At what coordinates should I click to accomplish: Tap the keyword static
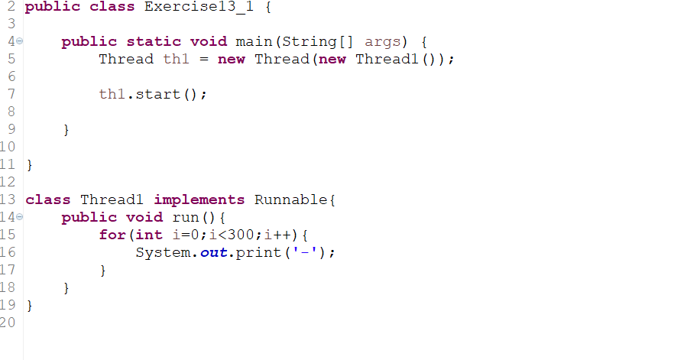(x=154, y=41)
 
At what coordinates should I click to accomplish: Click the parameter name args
(x=383, y=41)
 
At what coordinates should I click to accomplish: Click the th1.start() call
(x=152, y=94)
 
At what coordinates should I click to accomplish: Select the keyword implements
(x=199, y=199)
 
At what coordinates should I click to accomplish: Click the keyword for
(x=112, y=235)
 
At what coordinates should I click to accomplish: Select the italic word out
(x=215, y=252)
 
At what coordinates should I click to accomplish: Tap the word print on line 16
(x=258, y=252)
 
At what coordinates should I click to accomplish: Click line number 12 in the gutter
(x=8, y=182)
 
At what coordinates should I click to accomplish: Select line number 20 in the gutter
(x=8, y=323)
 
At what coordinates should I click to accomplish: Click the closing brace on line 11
(x=30, y=164)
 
